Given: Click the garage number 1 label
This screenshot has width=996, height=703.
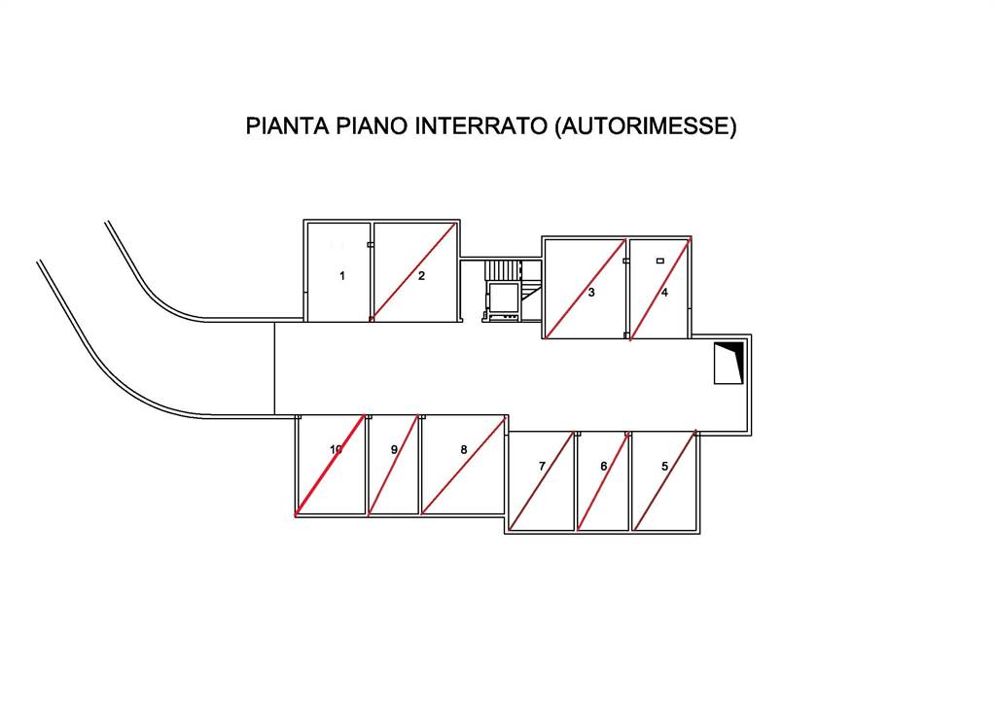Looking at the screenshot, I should [x=341, y=276].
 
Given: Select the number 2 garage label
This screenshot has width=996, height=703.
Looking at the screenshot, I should [x=421, y=276].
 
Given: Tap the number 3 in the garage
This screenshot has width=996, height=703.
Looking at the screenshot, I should [x=591, y=293].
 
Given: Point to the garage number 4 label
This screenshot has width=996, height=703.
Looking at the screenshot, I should [x=664, y=293].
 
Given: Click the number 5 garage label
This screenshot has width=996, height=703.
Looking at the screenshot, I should [x=664, y=467].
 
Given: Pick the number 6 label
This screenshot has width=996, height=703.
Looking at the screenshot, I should [x=603, y=467].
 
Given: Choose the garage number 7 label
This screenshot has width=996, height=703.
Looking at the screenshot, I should [x=542, y=467].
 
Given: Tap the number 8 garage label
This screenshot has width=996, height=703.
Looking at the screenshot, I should [x=464, y=450].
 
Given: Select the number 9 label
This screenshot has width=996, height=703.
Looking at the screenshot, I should [x=394, y=450].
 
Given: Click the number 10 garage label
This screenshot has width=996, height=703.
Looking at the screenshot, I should [x=336, y=450].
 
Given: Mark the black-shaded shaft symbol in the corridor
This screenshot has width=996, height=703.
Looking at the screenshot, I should [x=729, y=363].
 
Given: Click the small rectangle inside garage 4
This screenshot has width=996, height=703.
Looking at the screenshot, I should [x=660, y=261].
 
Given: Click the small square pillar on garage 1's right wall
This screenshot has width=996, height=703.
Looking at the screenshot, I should [x=370, y=245].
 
